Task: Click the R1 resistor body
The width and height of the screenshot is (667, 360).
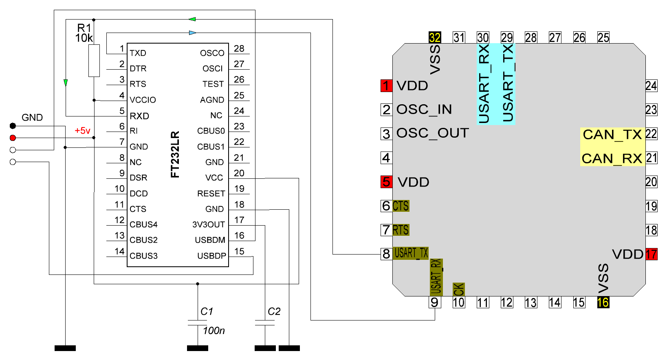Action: [x=94, y=61]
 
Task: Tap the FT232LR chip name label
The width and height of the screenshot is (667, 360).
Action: [x=175, y=154]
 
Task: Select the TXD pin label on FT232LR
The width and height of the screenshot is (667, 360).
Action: [x=138, y=53]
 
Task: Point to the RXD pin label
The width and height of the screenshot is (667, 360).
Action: [x=139, y=116]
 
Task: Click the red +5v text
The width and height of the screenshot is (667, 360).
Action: [x=82, y=131]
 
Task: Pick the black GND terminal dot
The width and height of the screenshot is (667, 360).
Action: [x=13, y=126]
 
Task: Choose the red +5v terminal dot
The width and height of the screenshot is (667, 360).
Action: [x=13, y=138]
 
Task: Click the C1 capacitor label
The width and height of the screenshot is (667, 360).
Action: [x=207, y=312]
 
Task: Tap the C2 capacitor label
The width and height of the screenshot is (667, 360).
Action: [x=274, y=312]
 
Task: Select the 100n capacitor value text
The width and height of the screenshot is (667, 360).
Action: [x=214, y=331]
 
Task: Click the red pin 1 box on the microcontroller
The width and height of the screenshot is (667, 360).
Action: [x=386, y=86]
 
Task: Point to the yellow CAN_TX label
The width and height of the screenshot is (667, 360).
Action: [x=612, y=134]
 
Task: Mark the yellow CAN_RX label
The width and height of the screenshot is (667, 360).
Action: [x=612, y=158]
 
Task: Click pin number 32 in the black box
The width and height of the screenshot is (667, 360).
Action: [x=435, y=38]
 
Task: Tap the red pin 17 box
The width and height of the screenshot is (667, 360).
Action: [x=651, y=255]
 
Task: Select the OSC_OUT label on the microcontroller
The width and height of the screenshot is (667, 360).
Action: [x=432, y=133]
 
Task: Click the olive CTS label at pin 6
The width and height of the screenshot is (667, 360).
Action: [x=401, y=206]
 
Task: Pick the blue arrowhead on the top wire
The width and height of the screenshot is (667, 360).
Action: [x=193, y=33]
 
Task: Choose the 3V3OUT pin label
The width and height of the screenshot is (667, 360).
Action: [x=209, y=225]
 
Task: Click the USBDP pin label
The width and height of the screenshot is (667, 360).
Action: [x=211, y=256]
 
